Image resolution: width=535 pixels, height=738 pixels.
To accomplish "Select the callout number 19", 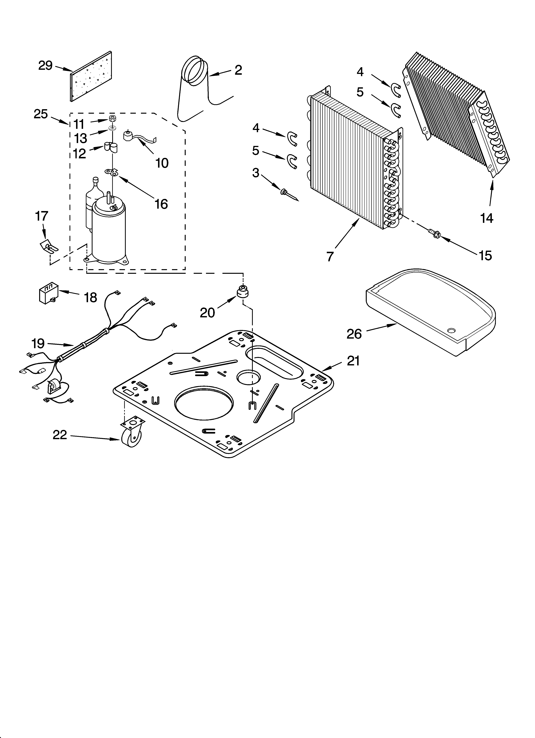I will [x=38, y=344].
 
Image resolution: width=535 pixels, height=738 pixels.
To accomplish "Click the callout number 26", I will [x=354, y=334].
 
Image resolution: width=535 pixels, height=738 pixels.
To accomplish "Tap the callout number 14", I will [x=486, y=218].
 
